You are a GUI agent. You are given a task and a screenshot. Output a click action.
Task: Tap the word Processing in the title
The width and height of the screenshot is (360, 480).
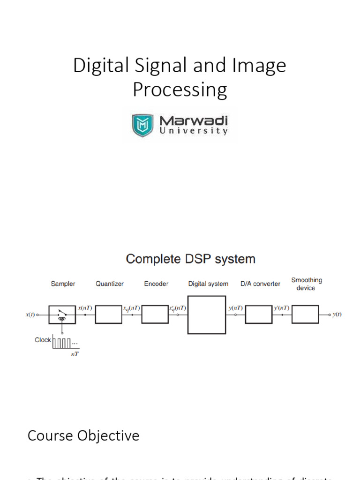coord(180,90)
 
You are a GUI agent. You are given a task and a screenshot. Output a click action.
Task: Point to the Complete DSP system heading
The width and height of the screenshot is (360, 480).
coord(191,259)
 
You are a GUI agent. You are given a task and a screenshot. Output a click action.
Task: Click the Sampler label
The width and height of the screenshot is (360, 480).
coord(63,284)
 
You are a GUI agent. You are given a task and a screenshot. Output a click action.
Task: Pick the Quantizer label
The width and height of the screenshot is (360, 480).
coord(110,284)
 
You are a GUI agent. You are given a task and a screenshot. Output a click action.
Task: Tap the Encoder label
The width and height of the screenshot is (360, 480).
coord(156,284)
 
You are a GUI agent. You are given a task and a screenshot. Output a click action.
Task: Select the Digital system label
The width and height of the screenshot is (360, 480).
coord(208,284)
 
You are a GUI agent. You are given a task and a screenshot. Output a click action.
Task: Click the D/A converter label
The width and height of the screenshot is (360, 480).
coord(260,284)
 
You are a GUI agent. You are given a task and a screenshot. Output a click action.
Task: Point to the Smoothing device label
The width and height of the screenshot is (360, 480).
coord(306,284)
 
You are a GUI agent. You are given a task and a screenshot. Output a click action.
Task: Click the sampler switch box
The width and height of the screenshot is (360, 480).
coord(61,314)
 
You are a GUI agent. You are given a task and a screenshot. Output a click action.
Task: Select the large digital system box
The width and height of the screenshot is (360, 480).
coord(207,314)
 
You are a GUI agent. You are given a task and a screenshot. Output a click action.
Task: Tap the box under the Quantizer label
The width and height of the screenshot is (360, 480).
coord(108,314)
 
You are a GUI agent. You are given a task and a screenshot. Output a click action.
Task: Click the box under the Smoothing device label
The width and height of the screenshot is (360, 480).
coord(305,314)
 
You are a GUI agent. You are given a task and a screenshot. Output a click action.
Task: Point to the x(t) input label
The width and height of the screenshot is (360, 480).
coord(30,315)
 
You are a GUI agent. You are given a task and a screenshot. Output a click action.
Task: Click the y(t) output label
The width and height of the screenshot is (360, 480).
coord(337,315)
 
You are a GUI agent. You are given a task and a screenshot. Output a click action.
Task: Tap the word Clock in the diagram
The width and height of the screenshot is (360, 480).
coord(43,340)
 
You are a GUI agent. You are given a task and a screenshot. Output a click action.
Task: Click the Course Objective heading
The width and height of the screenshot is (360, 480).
coord(83,435)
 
